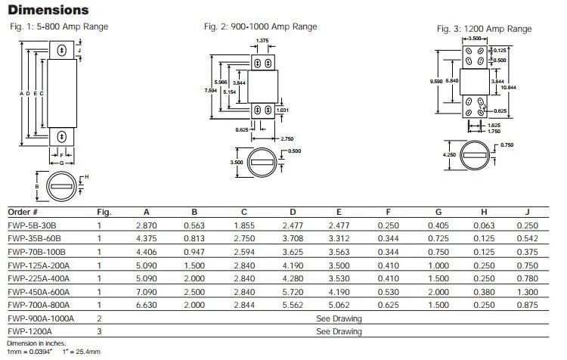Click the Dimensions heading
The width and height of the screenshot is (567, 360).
(48, 10)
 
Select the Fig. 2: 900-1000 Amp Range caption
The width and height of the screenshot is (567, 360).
(260, 26)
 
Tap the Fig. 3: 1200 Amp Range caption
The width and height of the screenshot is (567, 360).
(484, 29)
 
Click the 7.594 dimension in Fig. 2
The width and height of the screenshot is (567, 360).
(210, 90)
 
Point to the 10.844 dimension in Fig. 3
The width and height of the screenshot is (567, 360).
(508, 87)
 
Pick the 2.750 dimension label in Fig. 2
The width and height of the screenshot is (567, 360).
(287, 138)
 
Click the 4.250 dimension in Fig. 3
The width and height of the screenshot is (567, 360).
(449, 154)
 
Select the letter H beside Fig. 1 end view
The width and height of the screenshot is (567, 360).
(86, 177)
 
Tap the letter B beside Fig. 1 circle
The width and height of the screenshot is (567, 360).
(37, 187)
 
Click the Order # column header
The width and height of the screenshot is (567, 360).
(23, 212)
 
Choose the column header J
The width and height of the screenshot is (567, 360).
(527, 212)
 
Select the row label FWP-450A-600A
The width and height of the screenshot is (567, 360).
(39, 292)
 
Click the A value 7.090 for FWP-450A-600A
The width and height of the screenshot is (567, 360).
(147, 292)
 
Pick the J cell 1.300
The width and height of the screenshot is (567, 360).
(528, 292)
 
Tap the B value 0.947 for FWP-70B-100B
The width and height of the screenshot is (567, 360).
(194, 252)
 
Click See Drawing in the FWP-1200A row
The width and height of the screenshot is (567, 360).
(339, 331)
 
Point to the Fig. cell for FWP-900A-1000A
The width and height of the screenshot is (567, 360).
(100, 318)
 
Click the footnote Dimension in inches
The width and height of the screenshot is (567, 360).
(36, 343)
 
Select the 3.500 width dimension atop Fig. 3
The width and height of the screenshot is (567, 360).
(475, 39)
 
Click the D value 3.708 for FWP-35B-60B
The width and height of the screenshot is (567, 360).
(293, 238)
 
